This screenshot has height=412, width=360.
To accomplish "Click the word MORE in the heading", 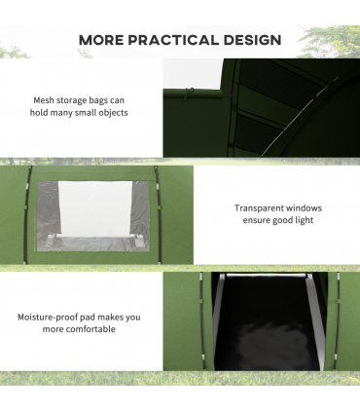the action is coord(101,40).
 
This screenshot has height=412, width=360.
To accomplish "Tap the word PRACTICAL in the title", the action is coord(173,40).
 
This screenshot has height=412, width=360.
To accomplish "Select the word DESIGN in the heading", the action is coord(252,40).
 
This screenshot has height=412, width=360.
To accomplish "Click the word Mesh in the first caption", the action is coord(44,100).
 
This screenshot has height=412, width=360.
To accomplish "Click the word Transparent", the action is coord(255,208).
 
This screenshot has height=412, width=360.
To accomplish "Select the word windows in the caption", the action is coord(301,208).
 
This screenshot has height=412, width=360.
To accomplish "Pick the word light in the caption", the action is coord(305,220).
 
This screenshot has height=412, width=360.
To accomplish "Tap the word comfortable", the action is coord(92,329).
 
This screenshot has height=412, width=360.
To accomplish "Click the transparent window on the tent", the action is coord(93,216).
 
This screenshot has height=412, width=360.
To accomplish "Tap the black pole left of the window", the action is coord(27,214).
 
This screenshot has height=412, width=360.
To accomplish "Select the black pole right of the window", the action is coord(158,214).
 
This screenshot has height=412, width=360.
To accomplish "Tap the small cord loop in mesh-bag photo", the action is coord(189,94).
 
